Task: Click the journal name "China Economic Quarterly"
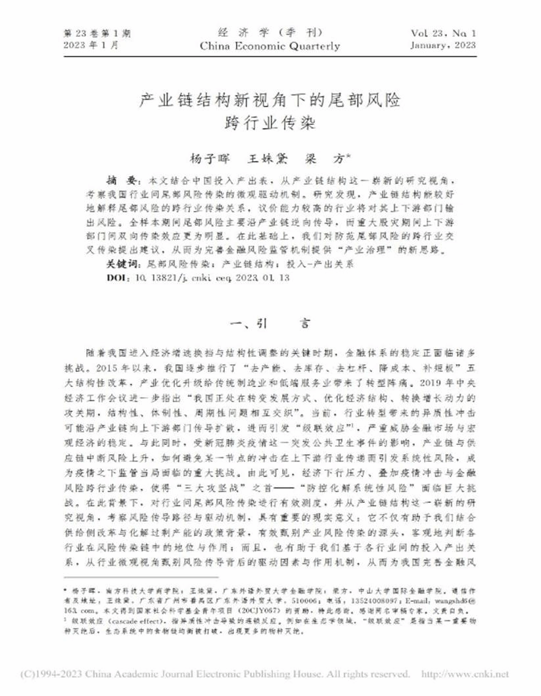tap(270, 46)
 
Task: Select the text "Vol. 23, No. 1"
tap(445, 33)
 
